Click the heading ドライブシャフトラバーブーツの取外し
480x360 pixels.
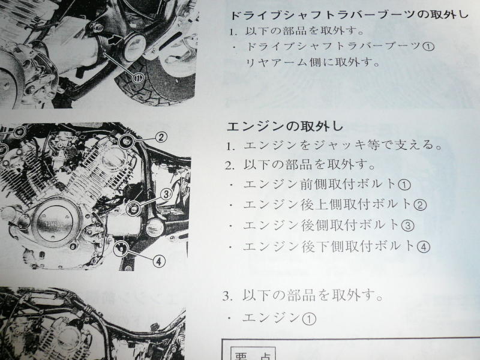point(349,15)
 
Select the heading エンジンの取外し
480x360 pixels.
point(285,126)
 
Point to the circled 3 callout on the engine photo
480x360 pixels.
point(166,194)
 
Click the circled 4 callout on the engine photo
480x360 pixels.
point(158,262)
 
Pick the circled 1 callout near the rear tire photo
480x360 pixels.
point(138,79)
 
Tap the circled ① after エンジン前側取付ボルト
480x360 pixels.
point(404,185)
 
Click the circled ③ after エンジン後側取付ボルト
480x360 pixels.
point(407,226)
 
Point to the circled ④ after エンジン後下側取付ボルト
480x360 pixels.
point(424,247)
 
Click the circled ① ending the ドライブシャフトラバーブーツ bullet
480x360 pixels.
point(428,47)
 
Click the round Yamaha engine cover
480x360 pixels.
point(56,223)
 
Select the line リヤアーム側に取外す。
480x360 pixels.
point(313,62)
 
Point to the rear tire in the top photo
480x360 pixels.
point(156,80)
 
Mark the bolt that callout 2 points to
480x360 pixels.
point(126,142)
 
